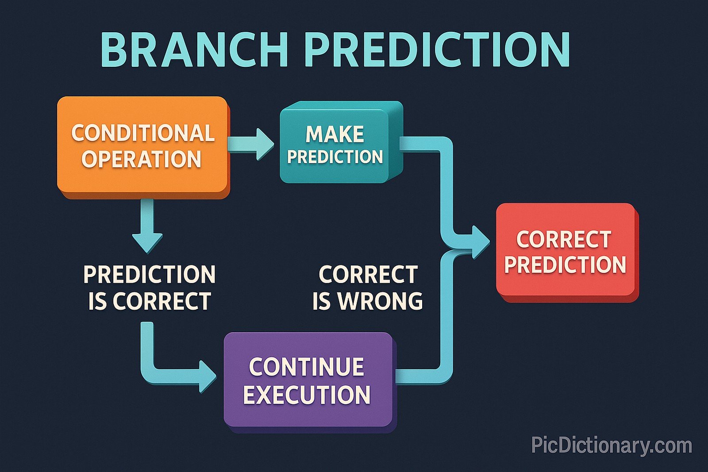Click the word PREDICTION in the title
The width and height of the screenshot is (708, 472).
click(437, 50)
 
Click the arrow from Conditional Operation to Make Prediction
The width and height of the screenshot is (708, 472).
click(250, 144)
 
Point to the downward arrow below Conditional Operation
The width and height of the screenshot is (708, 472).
click(148, 226)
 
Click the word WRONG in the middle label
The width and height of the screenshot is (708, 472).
click(381, 301)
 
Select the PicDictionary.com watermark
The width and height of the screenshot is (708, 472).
click(612, 445)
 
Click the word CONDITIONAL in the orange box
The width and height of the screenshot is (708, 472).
click(142, 133)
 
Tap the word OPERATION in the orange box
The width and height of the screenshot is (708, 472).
click(142, 159)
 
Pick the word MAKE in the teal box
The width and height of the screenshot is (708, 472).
click(335, 134)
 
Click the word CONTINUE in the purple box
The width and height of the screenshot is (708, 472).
click(306, 367)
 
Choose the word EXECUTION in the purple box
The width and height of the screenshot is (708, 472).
click(307, 395)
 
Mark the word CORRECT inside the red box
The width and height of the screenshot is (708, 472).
click(564, 239)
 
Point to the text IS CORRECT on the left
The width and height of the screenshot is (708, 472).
click(149, 302)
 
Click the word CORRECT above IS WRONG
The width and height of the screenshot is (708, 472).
click(368, 275)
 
